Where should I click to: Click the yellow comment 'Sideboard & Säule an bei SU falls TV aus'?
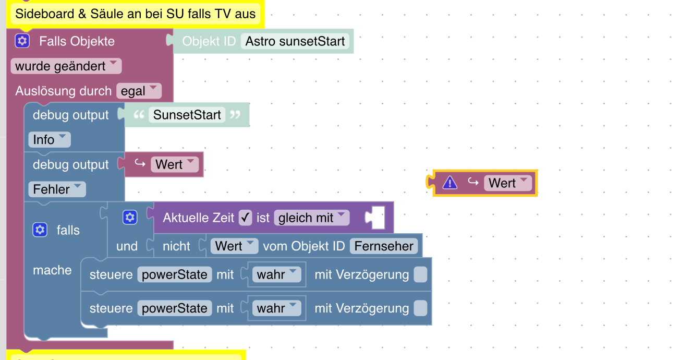coord(135,14)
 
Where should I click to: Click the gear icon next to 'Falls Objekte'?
coord(22,41)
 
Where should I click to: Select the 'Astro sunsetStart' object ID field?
coord(296,41)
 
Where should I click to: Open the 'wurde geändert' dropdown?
coord(66,66)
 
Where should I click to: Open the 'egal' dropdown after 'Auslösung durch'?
coord(139,91)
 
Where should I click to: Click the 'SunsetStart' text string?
coord(187,115)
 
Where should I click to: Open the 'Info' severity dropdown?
coord(49,140)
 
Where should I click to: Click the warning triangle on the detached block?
coord(449,183)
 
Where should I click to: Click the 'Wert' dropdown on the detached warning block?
coord(508,183)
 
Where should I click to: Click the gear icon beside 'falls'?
coord(40,230)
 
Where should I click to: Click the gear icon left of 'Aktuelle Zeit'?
coord(130,218)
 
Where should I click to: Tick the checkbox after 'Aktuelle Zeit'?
coord(245,218)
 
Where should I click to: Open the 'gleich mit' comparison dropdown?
coord(312,218)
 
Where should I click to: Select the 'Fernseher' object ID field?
coord(384,246)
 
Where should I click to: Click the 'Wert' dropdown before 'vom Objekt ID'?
coord(234,246)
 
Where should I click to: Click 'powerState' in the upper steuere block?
coord(175,274)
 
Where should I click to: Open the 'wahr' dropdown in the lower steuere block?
coord(276,308)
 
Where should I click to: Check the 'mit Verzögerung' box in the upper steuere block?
coord(420,274)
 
